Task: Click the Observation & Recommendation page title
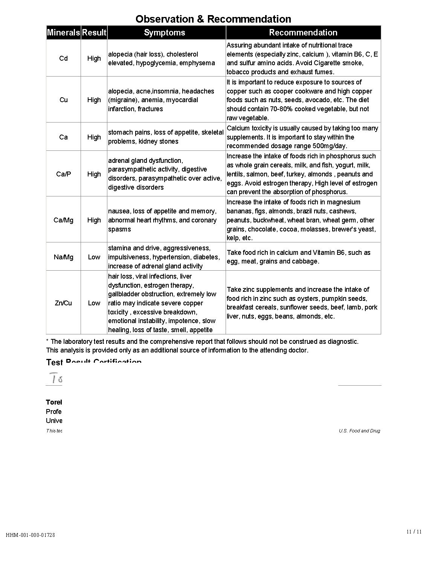[x=213, y=19]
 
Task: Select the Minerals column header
[x=63, y=32]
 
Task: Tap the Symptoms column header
[x=165, y=32]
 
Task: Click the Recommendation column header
[x=303, y=32]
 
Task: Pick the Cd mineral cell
[x=63, y=58]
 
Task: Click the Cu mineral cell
[x=63, y=100]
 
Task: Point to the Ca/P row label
[x=63, y=174]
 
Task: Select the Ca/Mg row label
[x=63, y=220]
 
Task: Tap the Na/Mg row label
[x=63, y=257]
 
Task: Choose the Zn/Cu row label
[x=63, y=303]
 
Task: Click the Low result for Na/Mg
[x=94, y=257]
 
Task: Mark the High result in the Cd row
[x=94, y=58]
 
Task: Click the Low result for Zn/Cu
[x=94, y=303]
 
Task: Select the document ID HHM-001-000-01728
[x=31, y=535]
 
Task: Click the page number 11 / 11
[x=414, y=532]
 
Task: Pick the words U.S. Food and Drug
[x=359, y=431]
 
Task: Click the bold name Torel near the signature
[x=54, y=402]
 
